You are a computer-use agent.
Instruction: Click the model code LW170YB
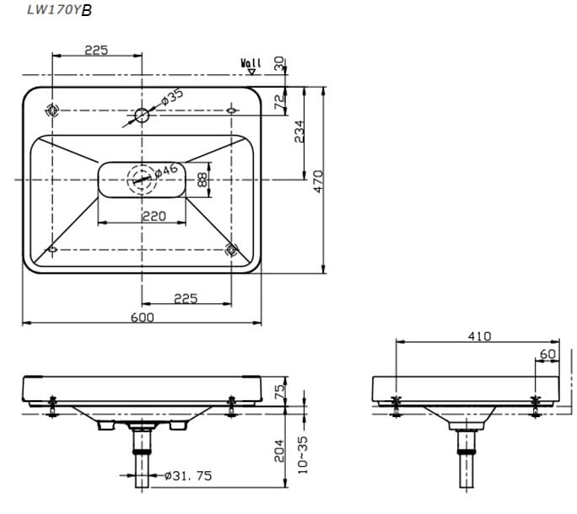pyautogui.click(x=59, y=11)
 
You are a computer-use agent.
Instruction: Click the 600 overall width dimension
pyautogui.click(x=143, y=317)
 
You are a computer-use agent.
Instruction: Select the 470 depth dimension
pyautogui.click(x=318, y=181)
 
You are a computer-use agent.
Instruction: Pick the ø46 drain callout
pyautogui.click(x=167, y=170)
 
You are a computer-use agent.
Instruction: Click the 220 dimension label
pyautogui.click(x=153, y=217)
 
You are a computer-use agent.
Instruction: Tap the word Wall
pyautogui.click(x=251, y=63)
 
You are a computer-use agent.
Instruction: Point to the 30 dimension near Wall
pyautogui.click(x=280, y=63)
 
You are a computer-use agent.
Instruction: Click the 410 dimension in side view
pyautogui.click(x=479, y=335)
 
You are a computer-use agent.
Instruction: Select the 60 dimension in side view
pyautogui.click(x=547, y=355)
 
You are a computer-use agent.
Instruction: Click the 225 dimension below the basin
pyautogui.click(x=185, y=297)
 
